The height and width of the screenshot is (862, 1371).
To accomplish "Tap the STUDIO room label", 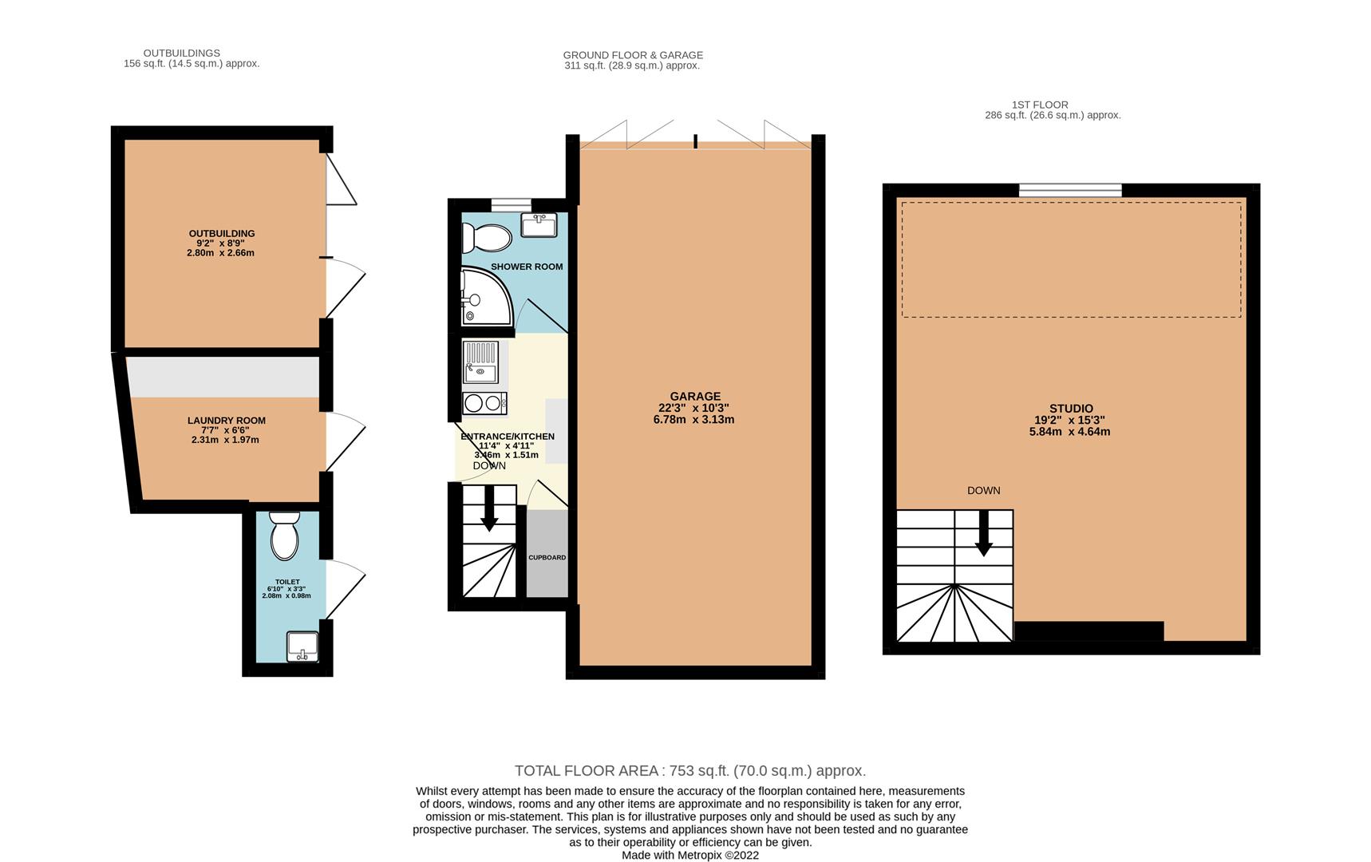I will click(1071, 409).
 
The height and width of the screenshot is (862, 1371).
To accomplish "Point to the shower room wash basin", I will click(539, 224).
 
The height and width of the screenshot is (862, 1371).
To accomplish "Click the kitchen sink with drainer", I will click(481, 362).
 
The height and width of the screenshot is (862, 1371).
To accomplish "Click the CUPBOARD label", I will click(547, 557).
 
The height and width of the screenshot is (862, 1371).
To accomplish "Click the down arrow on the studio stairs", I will click(983, 533).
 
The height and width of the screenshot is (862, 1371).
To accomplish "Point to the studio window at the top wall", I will click(1069, 190).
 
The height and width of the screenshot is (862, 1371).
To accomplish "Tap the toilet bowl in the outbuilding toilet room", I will click(284, 536).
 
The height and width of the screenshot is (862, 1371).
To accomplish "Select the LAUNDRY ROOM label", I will click(227, 421).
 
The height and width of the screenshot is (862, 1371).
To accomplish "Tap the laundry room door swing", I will click(345, 441).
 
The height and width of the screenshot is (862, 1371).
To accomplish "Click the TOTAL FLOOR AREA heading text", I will click(689, 771).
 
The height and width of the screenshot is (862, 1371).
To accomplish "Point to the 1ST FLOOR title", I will click(1039, 105).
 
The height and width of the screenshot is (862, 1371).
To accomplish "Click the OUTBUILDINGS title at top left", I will click(181, 53).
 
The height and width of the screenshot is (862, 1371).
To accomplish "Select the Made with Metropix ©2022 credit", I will click(689, 855).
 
